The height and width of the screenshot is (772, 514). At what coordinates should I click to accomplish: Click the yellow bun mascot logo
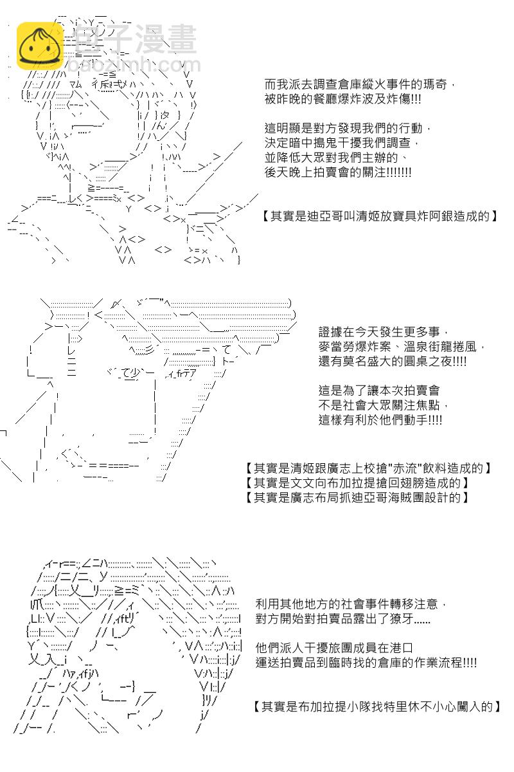40,46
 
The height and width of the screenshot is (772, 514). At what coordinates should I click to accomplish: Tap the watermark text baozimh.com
134,65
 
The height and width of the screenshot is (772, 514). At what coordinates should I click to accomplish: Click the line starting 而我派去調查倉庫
360,84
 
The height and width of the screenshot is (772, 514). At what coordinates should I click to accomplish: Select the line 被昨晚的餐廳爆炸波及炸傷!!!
342,99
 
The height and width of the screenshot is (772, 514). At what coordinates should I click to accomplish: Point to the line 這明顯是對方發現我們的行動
348,129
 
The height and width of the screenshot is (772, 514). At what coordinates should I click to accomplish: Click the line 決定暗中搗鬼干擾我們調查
342,143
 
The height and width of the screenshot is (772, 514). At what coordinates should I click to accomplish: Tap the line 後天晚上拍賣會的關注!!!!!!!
338,172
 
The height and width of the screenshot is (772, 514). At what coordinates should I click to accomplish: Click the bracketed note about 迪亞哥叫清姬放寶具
379,216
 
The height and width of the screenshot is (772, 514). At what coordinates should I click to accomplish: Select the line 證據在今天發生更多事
383,332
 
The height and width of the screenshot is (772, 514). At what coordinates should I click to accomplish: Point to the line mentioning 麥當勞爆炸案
402,347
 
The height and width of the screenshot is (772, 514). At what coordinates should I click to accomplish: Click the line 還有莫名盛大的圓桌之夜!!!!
393,362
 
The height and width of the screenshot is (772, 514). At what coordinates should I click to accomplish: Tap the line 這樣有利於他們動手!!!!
380,420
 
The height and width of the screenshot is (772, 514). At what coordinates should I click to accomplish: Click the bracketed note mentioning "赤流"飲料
369,468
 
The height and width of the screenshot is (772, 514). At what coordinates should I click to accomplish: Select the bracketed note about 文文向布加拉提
357,483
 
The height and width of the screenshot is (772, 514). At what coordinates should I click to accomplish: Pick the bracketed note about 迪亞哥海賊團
357,498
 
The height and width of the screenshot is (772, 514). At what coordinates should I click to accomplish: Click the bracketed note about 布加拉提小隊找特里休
377,707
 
